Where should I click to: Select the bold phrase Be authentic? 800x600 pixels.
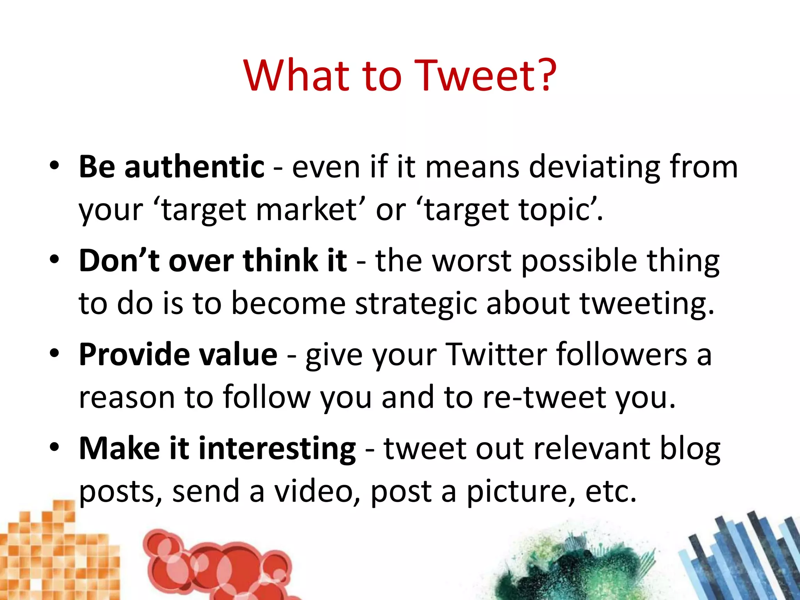pos(171,167)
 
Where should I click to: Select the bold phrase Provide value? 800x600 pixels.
pos(178,355)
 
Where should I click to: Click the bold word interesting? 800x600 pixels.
pos(277,448)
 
